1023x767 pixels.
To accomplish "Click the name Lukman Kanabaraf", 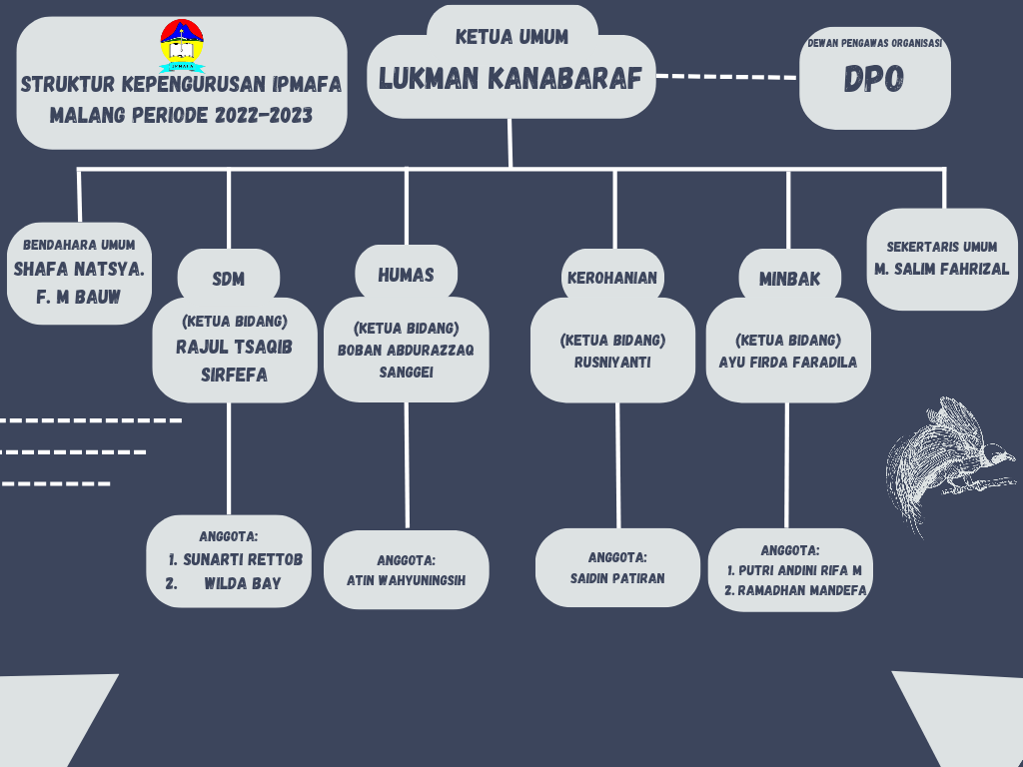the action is [510, 79].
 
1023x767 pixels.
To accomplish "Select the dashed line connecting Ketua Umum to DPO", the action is [726, 76].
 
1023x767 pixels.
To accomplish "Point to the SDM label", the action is [228, 279].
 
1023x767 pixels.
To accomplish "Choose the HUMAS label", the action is [406, 275].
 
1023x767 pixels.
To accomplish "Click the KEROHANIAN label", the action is [611, 278].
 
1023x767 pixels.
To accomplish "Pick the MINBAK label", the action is [788, 279].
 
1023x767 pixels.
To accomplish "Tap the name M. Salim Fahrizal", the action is [941, 270].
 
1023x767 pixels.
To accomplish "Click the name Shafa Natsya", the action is [79, 269].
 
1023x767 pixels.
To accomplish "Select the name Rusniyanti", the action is [612, 362].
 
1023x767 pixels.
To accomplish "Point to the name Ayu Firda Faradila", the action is [787, 362].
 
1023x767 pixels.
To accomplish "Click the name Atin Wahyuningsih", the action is [406, 579].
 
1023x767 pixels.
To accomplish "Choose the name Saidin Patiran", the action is [617, 577].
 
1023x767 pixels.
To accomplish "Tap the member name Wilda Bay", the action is [242, 583].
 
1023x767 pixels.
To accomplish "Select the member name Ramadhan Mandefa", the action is [795, 590].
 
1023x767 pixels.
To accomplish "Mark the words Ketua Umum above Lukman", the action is [511, 37].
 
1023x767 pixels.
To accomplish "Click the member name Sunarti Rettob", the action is [242, 559].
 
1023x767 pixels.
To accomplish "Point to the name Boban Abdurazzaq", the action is [406, 350].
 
